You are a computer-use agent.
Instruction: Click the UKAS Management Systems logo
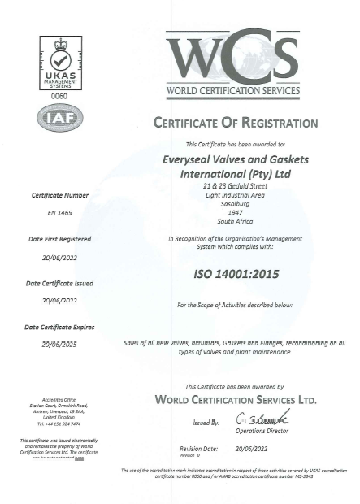[x=59, y=63]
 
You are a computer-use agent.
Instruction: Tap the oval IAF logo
[x=59, y=119]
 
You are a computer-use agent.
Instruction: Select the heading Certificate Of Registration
[x=235, y=123]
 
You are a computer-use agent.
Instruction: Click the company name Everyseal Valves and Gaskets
[x=235, y=159]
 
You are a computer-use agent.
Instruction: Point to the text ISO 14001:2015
[x=235, y=274]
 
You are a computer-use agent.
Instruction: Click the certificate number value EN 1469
[x=59, y=212]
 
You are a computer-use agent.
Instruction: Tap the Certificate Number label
[x=59, y=196]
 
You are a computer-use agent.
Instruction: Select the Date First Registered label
[x=59, y=239]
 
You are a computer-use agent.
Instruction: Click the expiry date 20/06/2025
[x=59, y=344]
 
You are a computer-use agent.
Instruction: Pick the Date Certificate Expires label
[x=59, y=327]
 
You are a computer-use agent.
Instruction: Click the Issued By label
[x=206, y=424]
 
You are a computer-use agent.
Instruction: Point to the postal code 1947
[x=235, y=212]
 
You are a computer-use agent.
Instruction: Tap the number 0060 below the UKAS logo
[x=59, y=97]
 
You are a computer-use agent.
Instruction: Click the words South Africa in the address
[x=235, y=220]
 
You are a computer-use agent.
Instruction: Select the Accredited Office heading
[x=59, y=400]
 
